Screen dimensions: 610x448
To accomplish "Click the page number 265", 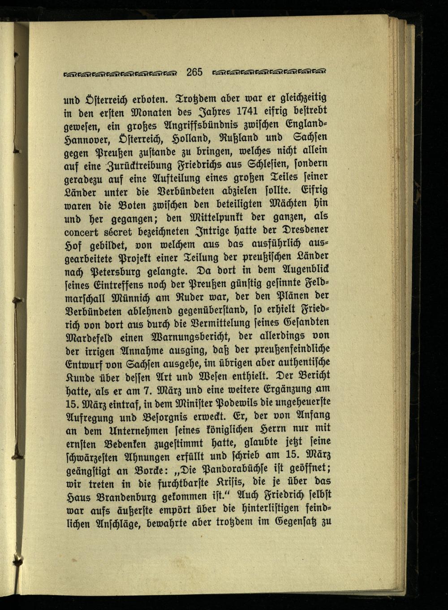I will coord(195,72).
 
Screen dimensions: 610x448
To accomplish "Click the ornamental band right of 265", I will coord(269,72).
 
